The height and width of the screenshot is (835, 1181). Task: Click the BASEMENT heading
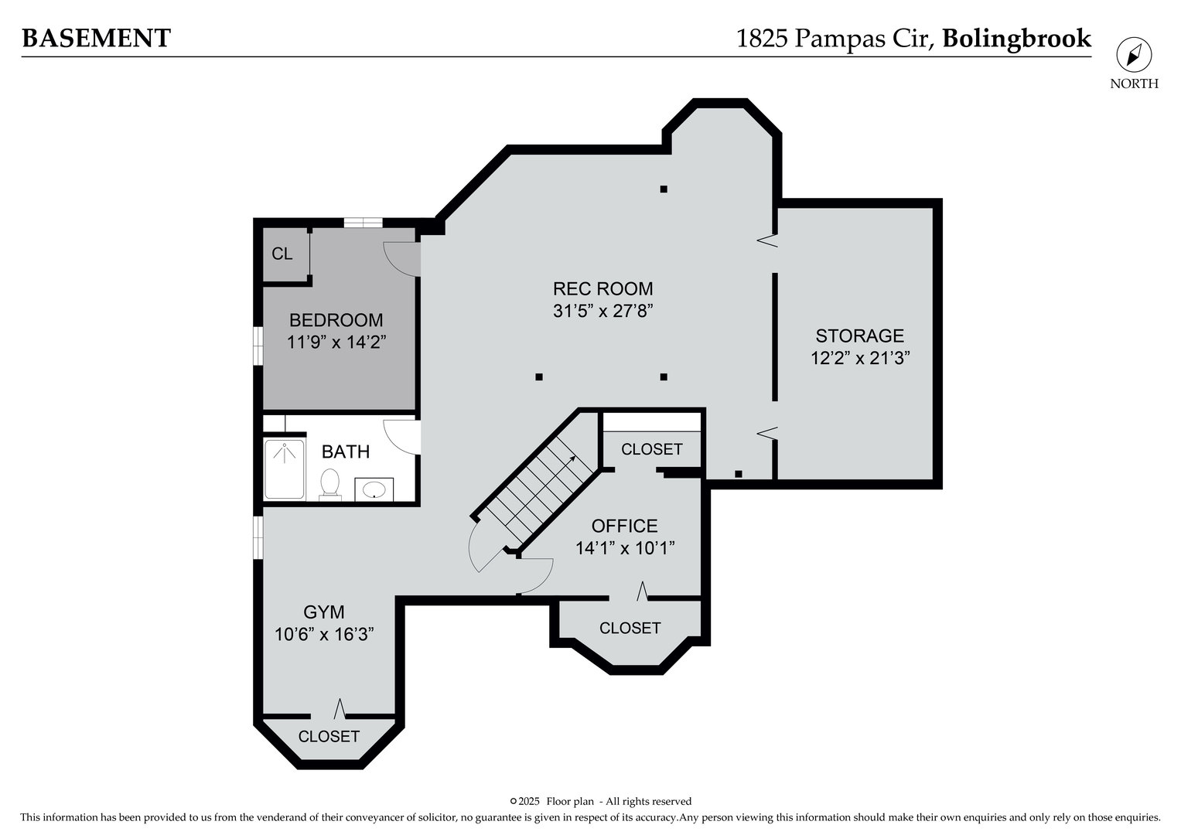96,38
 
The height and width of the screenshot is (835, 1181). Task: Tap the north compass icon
1134,55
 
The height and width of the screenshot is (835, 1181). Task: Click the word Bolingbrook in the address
1016,38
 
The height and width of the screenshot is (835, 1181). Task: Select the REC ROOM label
602,289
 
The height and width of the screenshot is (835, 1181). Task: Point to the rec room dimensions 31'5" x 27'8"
602,312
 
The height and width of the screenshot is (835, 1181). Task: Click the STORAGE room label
859,336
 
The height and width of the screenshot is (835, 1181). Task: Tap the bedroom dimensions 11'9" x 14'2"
336,343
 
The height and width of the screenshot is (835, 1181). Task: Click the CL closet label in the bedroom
282,254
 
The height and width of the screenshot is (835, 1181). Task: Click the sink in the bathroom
374,489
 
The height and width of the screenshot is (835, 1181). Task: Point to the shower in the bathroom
284,469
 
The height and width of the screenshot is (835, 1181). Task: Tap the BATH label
346,452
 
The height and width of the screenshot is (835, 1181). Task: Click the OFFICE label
624,526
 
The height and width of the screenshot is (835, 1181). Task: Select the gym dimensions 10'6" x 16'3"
324,634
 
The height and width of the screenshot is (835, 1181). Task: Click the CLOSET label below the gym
329,736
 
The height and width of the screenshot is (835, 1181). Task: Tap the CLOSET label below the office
630,628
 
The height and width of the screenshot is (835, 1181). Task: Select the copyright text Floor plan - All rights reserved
619,801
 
